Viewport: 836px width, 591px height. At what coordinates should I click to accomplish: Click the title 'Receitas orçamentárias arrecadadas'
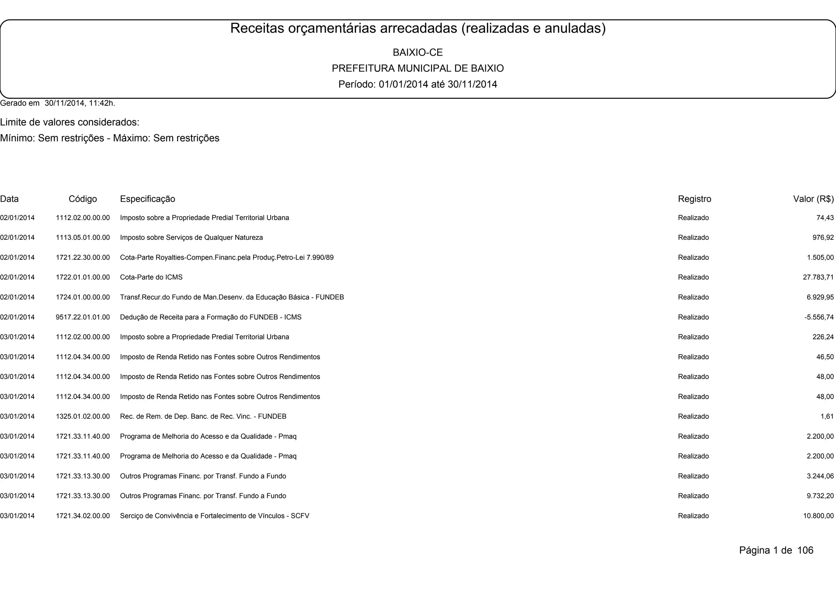(418, 28)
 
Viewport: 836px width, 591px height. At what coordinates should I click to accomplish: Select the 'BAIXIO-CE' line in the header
(418, 53)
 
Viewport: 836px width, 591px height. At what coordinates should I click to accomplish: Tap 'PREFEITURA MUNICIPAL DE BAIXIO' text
(418, 68)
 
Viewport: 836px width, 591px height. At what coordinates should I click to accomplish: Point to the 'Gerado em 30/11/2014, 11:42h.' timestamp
(58, 103)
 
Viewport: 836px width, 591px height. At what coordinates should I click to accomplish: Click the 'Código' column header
(83, 199)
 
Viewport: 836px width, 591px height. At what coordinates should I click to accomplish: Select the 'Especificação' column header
(147, 199)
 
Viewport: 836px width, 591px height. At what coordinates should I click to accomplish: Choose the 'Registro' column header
(694, 199)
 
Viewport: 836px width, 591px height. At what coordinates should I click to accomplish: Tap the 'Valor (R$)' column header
(813, 199)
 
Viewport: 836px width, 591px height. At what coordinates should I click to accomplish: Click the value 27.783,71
(818, 277)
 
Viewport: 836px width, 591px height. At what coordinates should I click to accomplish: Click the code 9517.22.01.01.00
(83, 317)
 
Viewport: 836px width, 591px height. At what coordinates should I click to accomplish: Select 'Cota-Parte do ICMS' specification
(151, 277)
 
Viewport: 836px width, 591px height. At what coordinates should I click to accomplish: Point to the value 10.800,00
(818, 516)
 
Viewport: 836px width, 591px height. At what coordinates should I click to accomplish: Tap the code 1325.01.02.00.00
(83, 417)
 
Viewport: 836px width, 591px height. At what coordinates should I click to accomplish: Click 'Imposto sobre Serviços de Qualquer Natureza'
(191, 238)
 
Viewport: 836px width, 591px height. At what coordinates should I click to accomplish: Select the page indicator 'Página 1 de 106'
(776, 551)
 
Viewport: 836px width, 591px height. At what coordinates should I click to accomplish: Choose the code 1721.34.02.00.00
(83, 516)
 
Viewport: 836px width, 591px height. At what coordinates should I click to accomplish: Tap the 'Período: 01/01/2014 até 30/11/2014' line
(418, 85)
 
